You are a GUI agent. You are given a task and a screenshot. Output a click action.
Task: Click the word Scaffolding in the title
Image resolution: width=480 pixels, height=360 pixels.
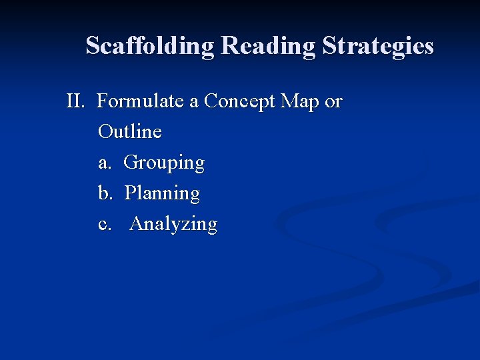[150, 46]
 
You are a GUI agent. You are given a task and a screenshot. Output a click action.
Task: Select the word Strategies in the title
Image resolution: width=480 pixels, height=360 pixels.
[378, 46]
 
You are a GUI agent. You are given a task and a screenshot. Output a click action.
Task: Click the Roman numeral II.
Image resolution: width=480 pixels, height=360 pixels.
[75, 101]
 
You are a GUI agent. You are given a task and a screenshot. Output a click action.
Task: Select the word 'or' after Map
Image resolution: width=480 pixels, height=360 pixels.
[333, 101]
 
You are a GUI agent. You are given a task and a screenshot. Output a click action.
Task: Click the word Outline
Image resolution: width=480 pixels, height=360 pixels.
[129, 131]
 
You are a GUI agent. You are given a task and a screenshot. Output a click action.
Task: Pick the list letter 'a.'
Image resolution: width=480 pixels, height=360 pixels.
[105, 162]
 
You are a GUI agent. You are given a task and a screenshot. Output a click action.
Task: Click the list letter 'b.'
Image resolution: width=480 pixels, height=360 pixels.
[105, 193]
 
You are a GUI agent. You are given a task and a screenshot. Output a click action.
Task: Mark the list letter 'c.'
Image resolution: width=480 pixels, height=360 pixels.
[105, 223]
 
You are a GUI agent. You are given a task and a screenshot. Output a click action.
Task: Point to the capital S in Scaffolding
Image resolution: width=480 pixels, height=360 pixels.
[93, 46]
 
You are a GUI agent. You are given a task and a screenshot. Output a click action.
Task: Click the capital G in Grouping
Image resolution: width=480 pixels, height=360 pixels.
[131, 162]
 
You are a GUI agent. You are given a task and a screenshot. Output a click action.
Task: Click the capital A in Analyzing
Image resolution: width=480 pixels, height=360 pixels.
[137, 223]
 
